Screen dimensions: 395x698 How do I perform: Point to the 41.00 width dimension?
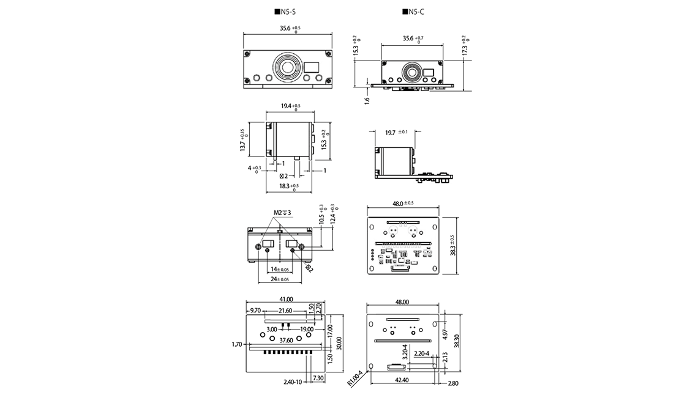(x=286, y=299)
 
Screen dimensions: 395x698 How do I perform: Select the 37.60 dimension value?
(x=286, y=340)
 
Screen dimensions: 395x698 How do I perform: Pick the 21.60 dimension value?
(x=285, y=311)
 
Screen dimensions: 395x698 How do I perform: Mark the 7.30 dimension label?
(x=318, y=378)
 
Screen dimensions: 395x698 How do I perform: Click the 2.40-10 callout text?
(x=293, y=382)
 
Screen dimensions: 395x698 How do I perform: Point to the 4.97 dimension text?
(x=445, y=334)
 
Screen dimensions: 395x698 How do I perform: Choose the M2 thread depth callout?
(x=282, y=213)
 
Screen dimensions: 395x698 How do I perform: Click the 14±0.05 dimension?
(x=279, y=269)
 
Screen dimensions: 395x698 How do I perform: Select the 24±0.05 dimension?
(x=280, y=279)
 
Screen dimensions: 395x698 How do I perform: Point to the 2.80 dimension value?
(x=452, y=383)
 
